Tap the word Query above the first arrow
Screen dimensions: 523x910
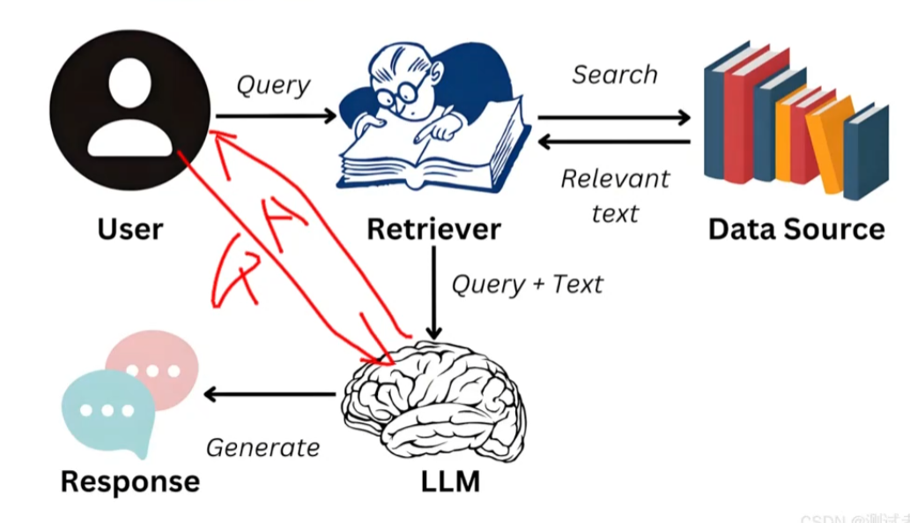click(x=273, y=86)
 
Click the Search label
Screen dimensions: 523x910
click(x=614, y=75)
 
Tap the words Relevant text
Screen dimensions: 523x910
click(x=615, y=195)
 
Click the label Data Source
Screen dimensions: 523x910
click(x=795, y=229)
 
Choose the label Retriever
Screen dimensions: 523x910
click(x=433, y=229)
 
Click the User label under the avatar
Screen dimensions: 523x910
click(x=130, y=229)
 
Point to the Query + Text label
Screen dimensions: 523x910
click(x=527, y=285)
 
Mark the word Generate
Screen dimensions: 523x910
click(x=263, y=448)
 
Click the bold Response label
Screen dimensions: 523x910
click(x=129, y=482)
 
